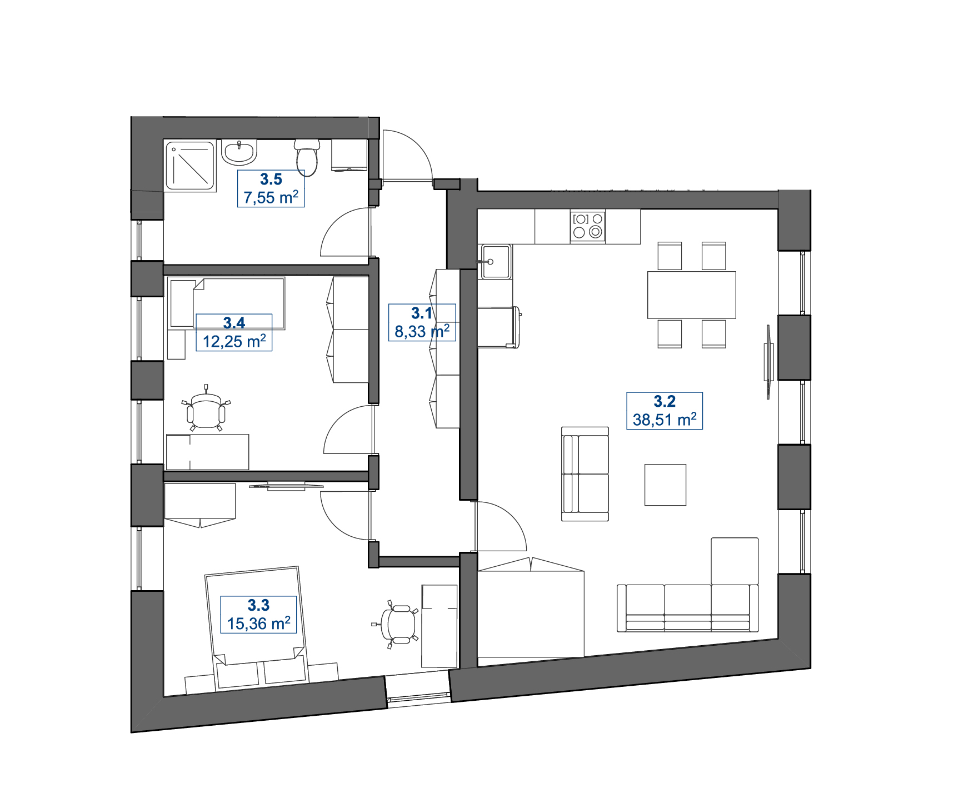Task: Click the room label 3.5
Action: (271, 179)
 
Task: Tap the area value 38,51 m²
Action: (665, 420)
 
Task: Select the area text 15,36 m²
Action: (259, 624)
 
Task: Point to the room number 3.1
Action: (422, 313)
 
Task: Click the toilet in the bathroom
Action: (307, 157)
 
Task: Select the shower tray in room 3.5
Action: (190, 166)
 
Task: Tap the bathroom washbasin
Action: (239, 152)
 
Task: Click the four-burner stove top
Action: (588, 226)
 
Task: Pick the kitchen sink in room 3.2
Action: (496, 261)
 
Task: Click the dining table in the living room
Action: (692, 295)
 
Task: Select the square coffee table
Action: (665, 485)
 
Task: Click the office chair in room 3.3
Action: (395, 624)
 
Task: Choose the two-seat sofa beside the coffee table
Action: (585, 473)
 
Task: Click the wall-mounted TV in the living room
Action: (768, 362)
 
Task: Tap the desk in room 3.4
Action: (207, 452)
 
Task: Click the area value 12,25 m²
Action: (234, 341)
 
